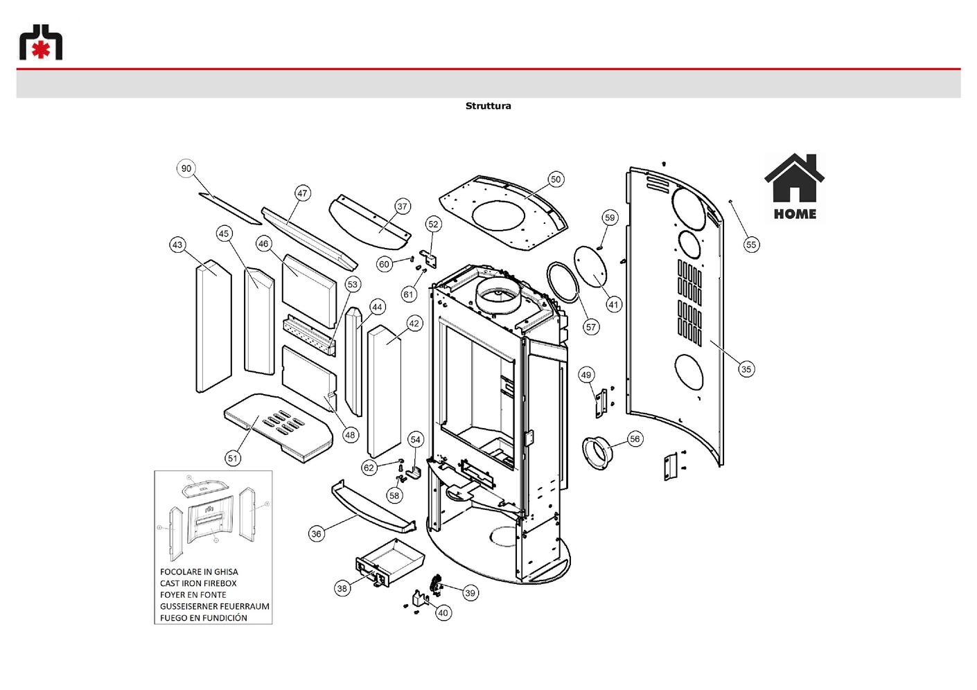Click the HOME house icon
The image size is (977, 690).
click(794, 188)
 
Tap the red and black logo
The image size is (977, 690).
click(41, 42)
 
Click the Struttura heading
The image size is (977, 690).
click(488, 106)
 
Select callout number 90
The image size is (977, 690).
click(186, 168)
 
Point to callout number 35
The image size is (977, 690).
click(746, 369)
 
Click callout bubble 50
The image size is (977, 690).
click(556, 179)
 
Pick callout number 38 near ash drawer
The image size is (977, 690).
click(342, 588)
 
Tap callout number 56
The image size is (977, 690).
click(635, 439)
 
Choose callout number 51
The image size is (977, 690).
click(233, 459)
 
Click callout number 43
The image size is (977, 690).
click(177, 245)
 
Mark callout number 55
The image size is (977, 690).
click(751, 245)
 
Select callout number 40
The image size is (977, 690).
click(443, 613)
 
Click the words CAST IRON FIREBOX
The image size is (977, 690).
click(198, 583)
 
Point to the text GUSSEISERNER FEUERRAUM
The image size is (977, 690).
click(215, 606)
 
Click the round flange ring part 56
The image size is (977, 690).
click(598, 454)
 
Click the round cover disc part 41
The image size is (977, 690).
click(590, 267)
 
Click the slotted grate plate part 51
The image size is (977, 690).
click(279, 427)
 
